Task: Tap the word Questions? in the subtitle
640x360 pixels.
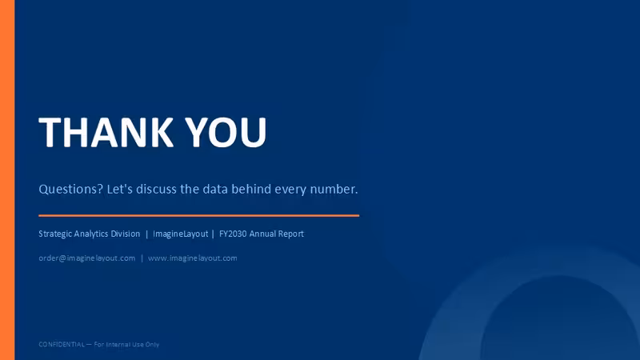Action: click(x=70, y=190)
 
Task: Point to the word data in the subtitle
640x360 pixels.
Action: click(x=215, y=189)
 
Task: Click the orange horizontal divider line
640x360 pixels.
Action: click(x=198, y=215)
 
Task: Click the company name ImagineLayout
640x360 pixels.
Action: click(x=181, y=234)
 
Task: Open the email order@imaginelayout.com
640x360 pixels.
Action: click(x=87, y=258)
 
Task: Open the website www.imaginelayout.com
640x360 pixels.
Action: click(x=193, y=258)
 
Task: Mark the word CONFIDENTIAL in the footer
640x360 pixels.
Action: click(x=62, y=344)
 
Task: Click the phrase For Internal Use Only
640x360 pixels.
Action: click(x=126, y=345)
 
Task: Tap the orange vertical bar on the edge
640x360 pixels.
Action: click(x=7, y=180)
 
